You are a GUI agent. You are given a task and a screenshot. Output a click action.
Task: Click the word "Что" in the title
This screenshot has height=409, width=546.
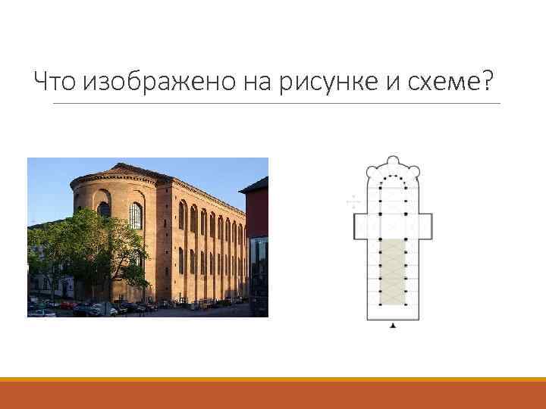click(x=58, y=80)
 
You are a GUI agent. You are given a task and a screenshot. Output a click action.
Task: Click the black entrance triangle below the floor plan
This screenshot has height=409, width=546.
click(x=393, y=325)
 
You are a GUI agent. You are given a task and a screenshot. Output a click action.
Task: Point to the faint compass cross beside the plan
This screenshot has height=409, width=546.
click(x=352, y=201)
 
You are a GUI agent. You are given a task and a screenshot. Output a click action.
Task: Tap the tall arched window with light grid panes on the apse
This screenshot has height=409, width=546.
click(x=136, y=216)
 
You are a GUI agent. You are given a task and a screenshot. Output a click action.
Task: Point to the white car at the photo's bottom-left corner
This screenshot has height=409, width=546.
click(x=42, y=312)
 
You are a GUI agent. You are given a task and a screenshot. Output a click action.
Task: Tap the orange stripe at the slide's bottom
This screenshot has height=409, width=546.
click(x=273, y=379)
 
